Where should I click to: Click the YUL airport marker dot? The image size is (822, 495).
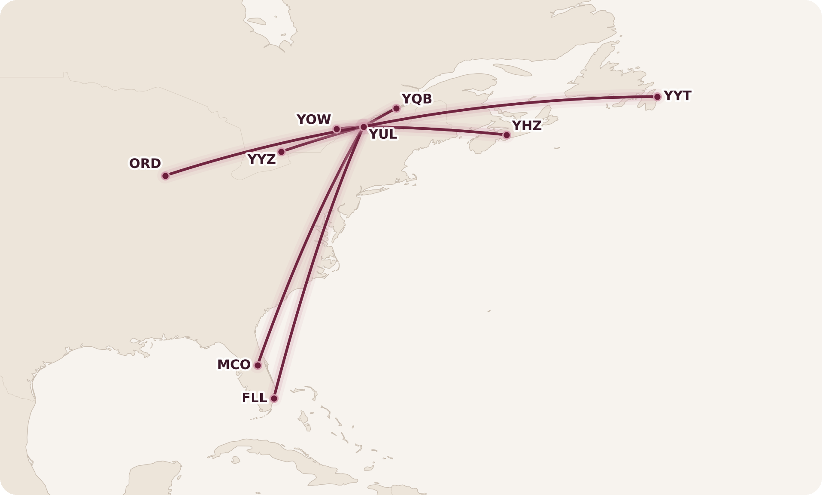(x=364, y=127)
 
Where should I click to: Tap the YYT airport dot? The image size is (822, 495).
(x=657, y=97)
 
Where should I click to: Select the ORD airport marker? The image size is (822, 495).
(x=166, y=176)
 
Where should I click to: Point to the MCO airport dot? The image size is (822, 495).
(x=258, y=365)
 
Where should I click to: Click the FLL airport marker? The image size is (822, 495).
(x=274, y=398)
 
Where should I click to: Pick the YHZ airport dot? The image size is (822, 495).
(x=507, y=135)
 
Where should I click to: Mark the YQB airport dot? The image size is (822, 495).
(x=396, y=108)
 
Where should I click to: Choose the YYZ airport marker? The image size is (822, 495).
(x=281, y=152)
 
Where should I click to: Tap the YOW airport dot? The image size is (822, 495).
(x=337, y=129)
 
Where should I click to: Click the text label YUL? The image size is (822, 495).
(x=383, y=134)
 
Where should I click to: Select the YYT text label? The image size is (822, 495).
(x=677, y=95)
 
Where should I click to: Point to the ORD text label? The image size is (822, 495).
(x=145, y=163)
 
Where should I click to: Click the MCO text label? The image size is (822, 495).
(x=234, y=364)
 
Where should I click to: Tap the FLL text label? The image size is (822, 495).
(x=255, y=398)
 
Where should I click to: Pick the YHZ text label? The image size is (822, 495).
(x=527, y=125)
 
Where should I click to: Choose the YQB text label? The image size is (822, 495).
(x=417, y=99)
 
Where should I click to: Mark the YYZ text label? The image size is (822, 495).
(x=261, y=159)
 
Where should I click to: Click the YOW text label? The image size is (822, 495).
(x=314, y=119)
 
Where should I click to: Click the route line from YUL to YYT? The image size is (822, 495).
(x=515, y=104)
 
